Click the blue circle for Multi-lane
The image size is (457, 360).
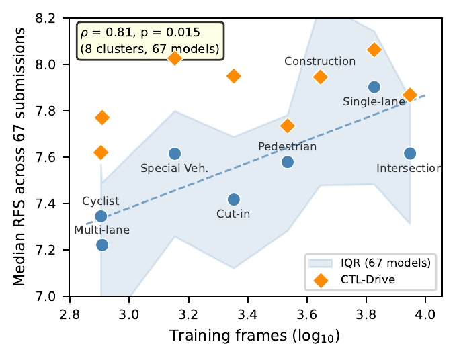click(x=102, y=244)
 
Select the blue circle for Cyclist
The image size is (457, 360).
click(x=101, y=216)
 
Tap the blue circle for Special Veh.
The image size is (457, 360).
click(x=175, y=154)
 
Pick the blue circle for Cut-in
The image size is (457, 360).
click(x=234, y=199)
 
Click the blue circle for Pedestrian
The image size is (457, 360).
click(x=288, y=162)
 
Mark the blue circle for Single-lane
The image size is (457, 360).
click(x=374, y=87)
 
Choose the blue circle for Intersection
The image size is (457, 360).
click(x=410, y=154)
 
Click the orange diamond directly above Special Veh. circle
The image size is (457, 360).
click(x=175, y=58)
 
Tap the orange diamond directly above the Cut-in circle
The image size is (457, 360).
click(x=234, y=76)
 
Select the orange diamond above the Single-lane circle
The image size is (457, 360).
click(x=374, y=50)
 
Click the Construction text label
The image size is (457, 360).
click(x=320, y=62)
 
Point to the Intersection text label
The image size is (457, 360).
click(x=409, y=168)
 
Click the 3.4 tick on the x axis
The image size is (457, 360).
click(x=247, y=313)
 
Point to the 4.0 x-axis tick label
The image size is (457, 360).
click(x=425, y=313)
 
